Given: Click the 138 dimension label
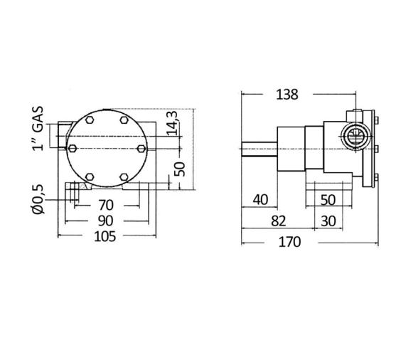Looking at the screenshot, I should (x=288, y=94).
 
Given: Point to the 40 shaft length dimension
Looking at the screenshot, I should (x=259, y=199).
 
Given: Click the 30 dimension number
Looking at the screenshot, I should (x=328, y=221).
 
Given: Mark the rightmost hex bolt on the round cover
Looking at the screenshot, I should (x=141, y=148).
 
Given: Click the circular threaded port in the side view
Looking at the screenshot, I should (x=355, y=135).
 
